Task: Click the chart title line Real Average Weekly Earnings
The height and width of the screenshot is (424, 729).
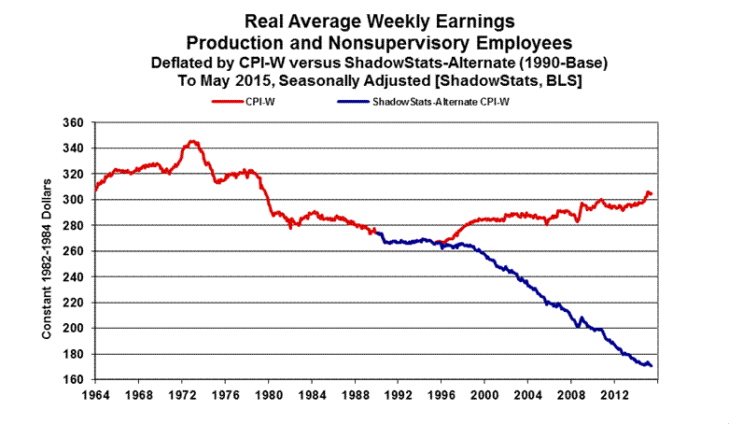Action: pos(372,20)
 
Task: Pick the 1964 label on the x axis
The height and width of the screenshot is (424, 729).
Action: pos(93,395)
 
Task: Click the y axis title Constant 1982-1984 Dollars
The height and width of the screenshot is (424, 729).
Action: pos(47,252)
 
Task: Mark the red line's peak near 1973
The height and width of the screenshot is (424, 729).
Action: pos(192,141)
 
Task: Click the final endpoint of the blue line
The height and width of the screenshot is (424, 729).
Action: pos(650,365)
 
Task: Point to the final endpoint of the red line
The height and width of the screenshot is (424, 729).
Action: pos(651,193)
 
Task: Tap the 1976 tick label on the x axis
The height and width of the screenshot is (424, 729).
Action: pos(222,395)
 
